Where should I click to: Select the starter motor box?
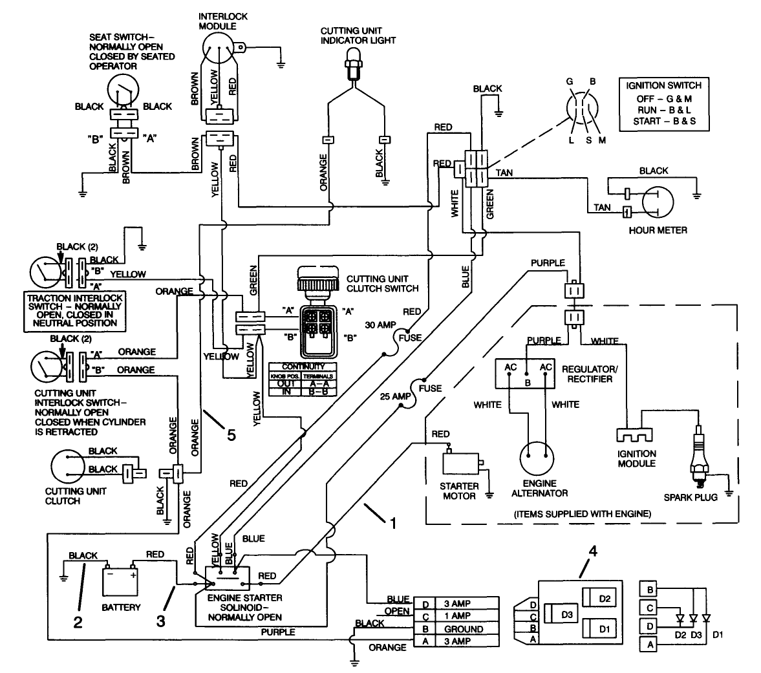[461, 463]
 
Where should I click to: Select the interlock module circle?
[219, 48]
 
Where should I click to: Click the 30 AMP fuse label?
[380, 325]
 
